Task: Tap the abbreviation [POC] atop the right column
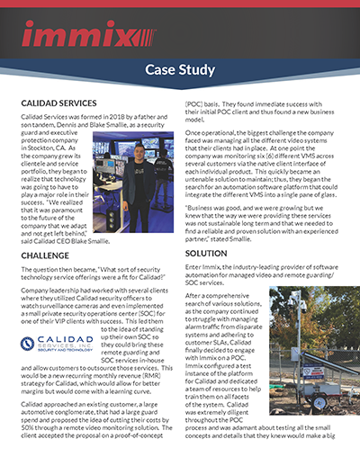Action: point(197,105)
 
